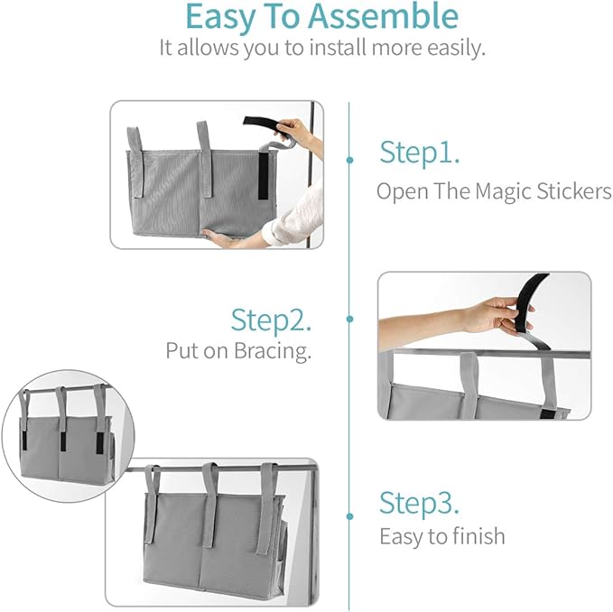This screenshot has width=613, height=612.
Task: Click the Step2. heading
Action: [x=272, y=320]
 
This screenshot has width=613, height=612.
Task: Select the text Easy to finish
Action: [x=441, y=535]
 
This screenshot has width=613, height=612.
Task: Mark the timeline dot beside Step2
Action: [x=349, y=319]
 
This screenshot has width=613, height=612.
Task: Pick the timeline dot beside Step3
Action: [x=349, y=516]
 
